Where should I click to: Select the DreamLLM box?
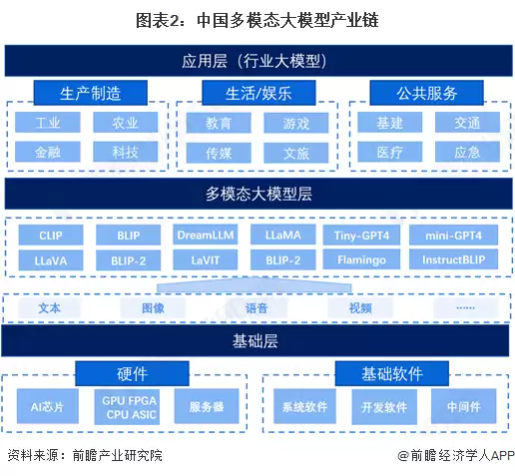(x=204, y=236)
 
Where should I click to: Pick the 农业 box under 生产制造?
(x=125, y=124)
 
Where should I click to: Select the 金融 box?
(x=48, y=152)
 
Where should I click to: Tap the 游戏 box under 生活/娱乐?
(x=295, y=124)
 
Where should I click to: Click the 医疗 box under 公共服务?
(x=390, y=152)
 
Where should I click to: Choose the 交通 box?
(x=466, y=124)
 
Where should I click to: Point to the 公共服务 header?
(x=426, y=94)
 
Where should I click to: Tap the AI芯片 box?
(x=48, y=406)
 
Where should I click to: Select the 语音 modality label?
(x=257, y=308)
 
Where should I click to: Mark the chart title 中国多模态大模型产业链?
(x=257, y=19)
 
